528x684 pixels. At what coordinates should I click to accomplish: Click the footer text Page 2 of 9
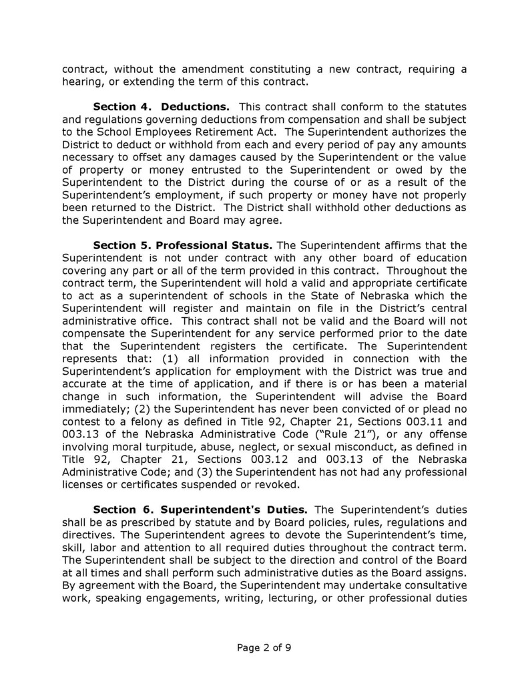click(x=264, y=647)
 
